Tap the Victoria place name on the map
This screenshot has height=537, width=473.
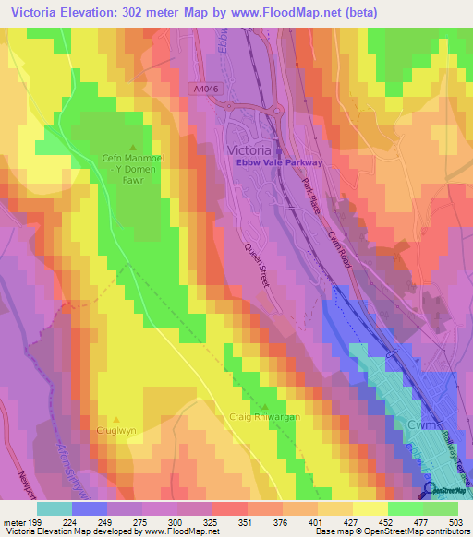click(249, 149)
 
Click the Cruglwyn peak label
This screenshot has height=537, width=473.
click(116, 430)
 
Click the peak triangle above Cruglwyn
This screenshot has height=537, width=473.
click(116, 417)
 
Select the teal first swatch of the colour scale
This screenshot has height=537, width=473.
click(54, 508)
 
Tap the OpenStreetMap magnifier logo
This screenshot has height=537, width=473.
click(427, 491)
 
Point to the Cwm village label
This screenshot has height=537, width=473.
click(419, 424)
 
